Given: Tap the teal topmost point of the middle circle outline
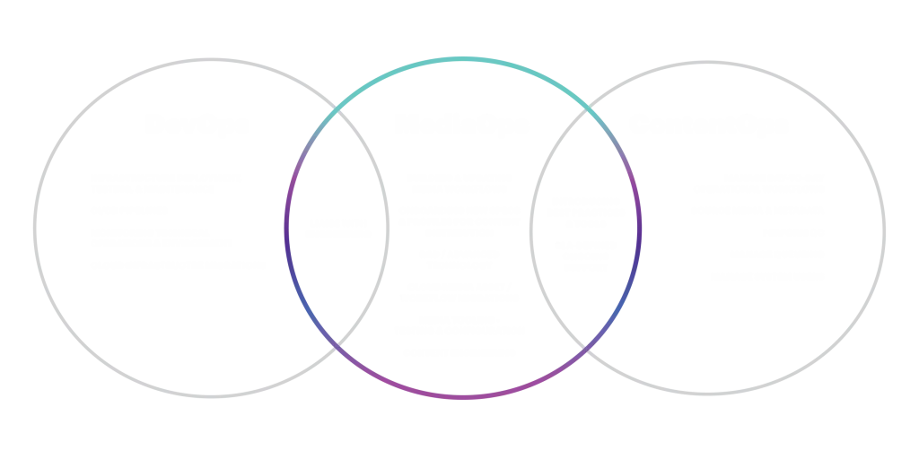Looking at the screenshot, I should coord(461,58).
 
